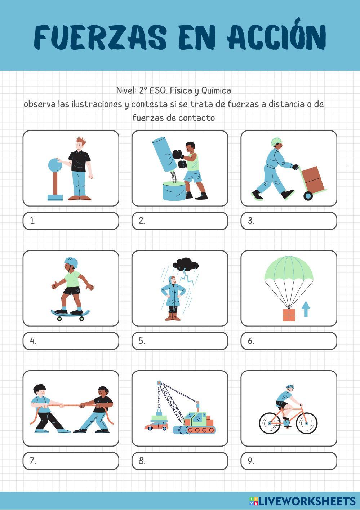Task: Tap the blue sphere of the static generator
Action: pyautogui.click(x=55, y=165)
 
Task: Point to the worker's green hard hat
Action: pyautogui.click(x=276, y=141)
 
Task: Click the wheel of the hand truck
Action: pyautogui.click(x=308, y=196)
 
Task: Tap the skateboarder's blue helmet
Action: pyautogui.click(x=71, y=262)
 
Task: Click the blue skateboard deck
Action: pyautogui.click(x=70, y=314)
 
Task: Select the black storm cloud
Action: pyautogui.click(x=185, y=264)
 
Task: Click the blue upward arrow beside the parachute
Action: pyautogui.click(x=306, y=309)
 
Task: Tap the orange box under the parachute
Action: pyautogui.click(x=289, y=315)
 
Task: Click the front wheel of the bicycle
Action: pyautogui.click(x=307, y=423)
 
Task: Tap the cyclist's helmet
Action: pyautogui.click(x=290, y=387)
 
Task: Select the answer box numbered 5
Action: pyautogui.click(x=180, y=341)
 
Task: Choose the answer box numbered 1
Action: pyautogui.click(x=71, y=221)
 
